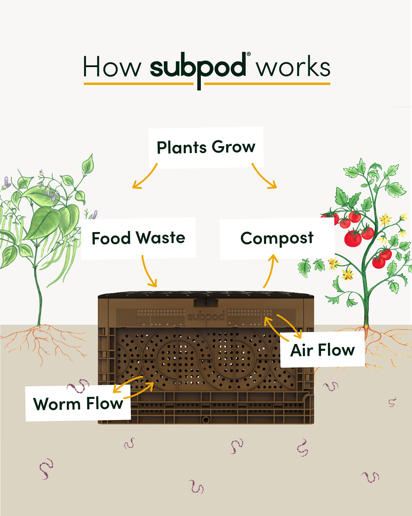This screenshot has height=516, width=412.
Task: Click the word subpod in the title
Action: [198, 68]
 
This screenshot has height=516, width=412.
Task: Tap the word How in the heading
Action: [112, 67]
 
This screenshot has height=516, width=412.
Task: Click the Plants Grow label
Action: [206, 147]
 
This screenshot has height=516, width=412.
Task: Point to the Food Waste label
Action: [138, 238]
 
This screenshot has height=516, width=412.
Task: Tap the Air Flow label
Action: [322, 350]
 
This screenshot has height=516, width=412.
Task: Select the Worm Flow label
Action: [78, 404]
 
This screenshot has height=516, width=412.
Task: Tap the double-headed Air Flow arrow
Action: [283, 326]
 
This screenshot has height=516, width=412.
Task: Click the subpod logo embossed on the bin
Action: [206, 317]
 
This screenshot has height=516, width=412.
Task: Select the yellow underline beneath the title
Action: [207, 83]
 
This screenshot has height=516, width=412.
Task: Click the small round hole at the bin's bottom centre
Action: [206, 420]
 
